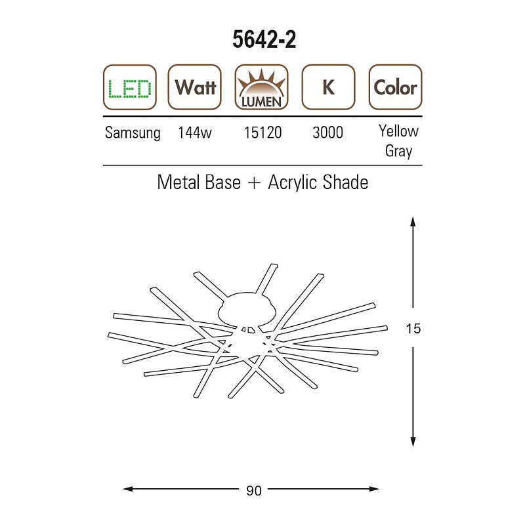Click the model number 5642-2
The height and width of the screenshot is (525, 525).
(264, 40)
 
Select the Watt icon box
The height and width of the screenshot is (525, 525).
(195, 87)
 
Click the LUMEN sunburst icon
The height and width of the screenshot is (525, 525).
(261, 87)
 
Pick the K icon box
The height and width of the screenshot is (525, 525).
(327, 87)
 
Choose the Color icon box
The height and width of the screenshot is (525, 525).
(394, 87)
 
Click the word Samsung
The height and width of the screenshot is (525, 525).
(133, 133)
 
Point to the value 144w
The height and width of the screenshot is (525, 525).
(195, 133)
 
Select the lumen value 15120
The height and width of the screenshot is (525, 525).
(262, 133)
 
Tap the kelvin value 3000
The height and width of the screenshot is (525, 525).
(327, 133)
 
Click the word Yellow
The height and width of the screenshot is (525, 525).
(398, 131)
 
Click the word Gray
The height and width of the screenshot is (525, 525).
(398, 151)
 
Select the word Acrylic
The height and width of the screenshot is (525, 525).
(292, 182)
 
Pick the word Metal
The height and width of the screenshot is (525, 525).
(177, 182)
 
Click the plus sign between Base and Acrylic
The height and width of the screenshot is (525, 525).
(254, 182)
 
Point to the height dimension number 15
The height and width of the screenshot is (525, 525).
(413, 328)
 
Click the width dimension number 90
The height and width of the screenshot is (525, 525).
(253, 490)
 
